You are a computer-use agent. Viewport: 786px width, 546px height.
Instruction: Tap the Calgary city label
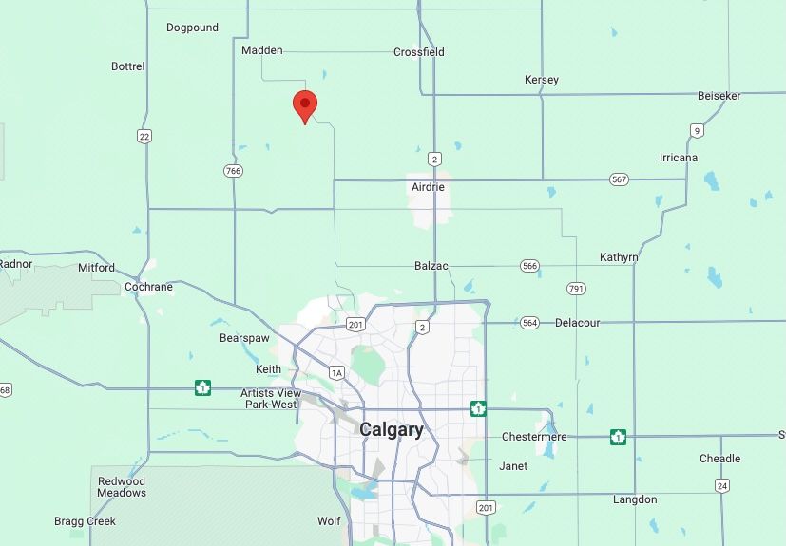click(392, 430)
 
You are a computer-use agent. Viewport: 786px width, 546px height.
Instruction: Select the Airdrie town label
click(428, 187)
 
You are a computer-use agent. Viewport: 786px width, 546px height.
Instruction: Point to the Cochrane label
click(149, 287)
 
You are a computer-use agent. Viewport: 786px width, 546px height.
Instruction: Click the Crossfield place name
click(419, 52)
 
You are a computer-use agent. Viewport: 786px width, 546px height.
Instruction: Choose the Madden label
click(262, 50)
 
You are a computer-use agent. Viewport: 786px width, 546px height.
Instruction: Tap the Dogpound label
click(192, 28)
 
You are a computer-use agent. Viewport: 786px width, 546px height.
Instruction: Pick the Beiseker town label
click(719, 96)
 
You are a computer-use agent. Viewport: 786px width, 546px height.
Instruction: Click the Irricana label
click(679, 158)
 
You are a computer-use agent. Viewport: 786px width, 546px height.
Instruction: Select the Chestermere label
click(534, 437)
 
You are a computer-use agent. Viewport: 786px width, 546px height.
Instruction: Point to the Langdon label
click(635, 499)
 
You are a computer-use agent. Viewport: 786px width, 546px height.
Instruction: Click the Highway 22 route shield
click(144, 137)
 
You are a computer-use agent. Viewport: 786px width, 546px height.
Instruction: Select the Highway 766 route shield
click(234, 171)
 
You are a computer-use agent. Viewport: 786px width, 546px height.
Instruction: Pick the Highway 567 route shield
click(620, 179)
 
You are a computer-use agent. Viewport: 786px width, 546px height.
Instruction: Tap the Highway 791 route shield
click(576, 288)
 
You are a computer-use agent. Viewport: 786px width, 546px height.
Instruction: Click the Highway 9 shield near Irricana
click(697, 131)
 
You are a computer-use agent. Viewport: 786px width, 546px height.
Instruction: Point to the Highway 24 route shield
click(722, 485)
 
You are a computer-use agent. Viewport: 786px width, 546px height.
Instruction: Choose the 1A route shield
click(336, 373)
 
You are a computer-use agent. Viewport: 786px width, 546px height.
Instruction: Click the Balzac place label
click(431, 266)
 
